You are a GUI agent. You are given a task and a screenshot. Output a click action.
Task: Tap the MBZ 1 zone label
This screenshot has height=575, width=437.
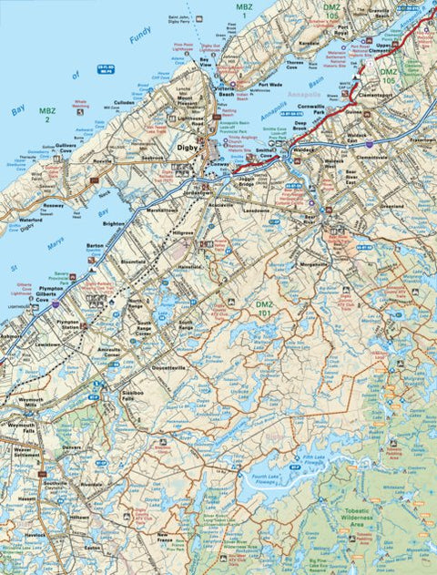(x=244, y=10)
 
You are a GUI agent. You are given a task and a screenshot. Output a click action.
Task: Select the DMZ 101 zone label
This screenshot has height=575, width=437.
(x=264, y=309)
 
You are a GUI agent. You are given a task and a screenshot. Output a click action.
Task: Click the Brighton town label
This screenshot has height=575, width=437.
(x=114, y=223)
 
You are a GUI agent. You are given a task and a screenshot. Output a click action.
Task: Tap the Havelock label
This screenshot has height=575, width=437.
(x=35, y=535)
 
